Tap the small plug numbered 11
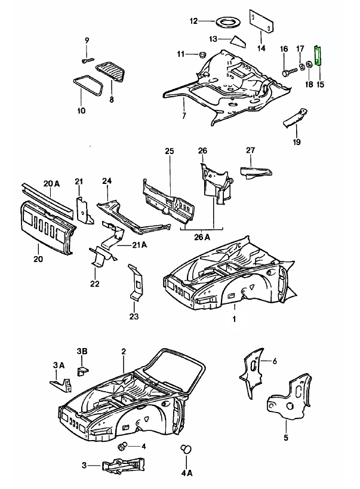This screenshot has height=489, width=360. pos(201,55)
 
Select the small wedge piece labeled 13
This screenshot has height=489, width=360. pos(238,41)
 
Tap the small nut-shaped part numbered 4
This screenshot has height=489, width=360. pos(124,447)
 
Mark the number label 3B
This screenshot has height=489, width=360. pos(82,350)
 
